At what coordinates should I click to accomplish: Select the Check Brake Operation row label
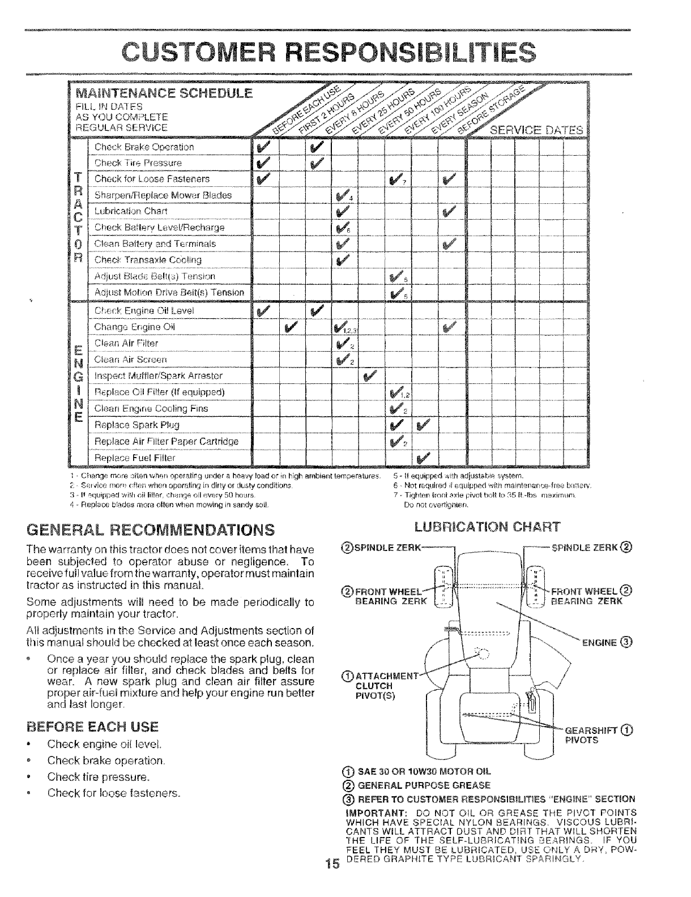144,147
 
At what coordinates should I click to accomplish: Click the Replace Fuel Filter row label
135,457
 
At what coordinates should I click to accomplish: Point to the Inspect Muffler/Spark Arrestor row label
159,376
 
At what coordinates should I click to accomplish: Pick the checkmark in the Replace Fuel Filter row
423,457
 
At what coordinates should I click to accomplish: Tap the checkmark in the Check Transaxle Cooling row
343,260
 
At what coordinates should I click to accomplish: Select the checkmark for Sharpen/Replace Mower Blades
343,195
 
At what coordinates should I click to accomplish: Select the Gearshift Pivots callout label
595,733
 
